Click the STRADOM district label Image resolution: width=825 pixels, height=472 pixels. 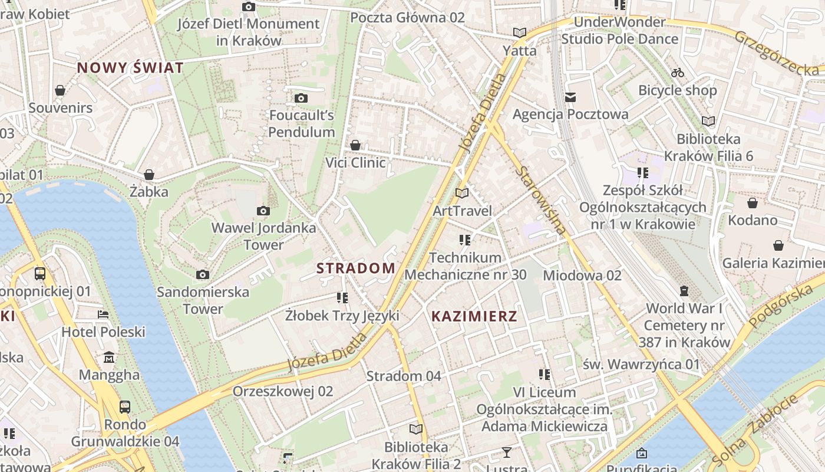pyautogui.click(x=356, y=268)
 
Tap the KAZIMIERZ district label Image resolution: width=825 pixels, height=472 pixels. pyautogui.click(x=474, y=316)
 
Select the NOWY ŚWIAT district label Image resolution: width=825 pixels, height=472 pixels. pyautogui.click(x=130, y=68)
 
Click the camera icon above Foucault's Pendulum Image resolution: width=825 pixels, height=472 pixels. pyautogui.click(x=301, y=98)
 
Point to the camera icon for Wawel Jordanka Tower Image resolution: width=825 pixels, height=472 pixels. pyautogui.click(x=263, y=211)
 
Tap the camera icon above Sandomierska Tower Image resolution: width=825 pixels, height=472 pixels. pyautogui.click(x=202, y=274)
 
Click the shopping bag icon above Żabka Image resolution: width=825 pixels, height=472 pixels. pyautogui.click(x=149, y=175)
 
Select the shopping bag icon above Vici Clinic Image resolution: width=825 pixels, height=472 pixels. pyautogui.click(x=355, y=145)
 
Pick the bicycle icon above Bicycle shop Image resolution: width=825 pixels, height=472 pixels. pyautogui.click(x=678, y=73)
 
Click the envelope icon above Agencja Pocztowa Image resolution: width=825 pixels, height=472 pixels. pyautogui.click(x=570, y=97)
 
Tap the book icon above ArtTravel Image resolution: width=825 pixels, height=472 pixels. pyautogui.click(x=462, y=193)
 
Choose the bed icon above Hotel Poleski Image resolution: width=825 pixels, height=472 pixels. pyautogui.click(x=103, y=314)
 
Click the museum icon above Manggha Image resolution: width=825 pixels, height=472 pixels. pyautogui.click(x=109, y=358)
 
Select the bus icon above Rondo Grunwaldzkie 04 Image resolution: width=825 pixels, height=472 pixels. pyautogui.click(x=125, y=407)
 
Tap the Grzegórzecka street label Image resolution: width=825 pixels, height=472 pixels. pyautogui.click(x=778, y=53)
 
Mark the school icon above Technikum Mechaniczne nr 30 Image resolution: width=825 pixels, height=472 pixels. pyautogui.click(x=465, y=240)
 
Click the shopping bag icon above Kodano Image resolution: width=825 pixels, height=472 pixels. pyautogui.click(x=753, y=204)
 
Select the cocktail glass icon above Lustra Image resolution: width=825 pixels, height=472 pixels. pyautogui.click(x=506, y=453)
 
